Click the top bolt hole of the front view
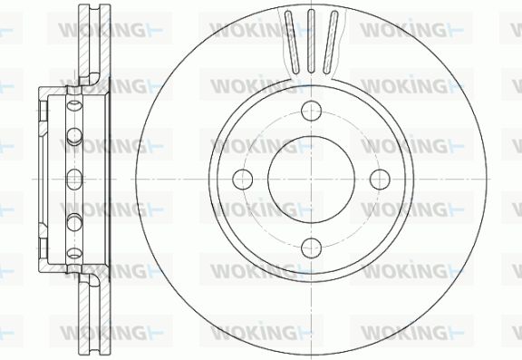[311, 111]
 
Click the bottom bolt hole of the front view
[311, 248]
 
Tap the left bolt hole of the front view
[243, 180]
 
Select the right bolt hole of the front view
[380, 180]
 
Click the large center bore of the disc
[311, 180]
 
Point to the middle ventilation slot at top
[311, 42]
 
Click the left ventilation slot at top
[293, 43]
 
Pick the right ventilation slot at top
[330, 43]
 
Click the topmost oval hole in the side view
[74, 105]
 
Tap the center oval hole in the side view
[74, 180]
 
